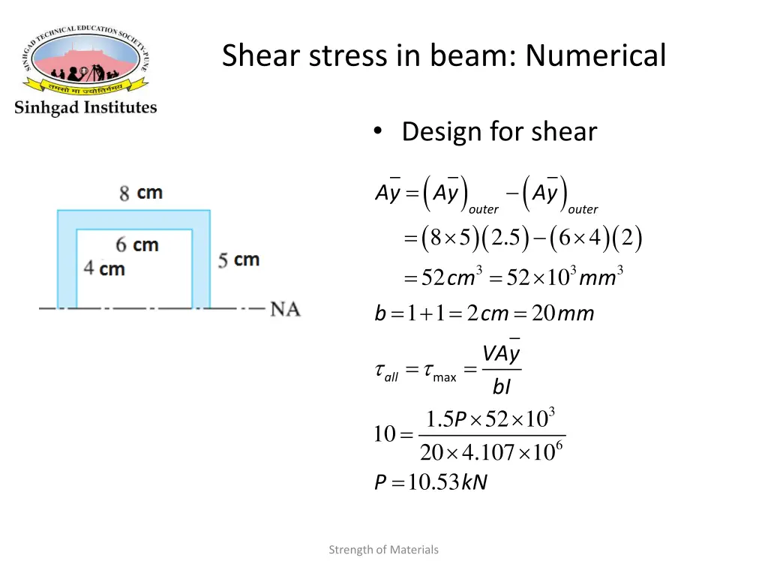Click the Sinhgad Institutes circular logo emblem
point(85,59)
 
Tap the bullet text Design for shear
point(499,132)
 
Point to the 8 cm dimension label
point(141,193)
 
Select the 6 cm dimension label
point(137,244)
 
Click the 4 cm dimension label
point(104,268)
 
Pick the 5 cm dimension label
point(238,260)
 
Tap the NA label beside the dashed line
point(285,308)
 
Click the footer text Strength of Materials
point(383,550)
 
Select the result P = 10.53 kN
point(431,483)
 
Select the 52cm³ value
point(448,278)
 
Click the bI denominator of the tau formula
point(502,386)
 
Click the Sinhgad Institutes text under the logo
point(85,107)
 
